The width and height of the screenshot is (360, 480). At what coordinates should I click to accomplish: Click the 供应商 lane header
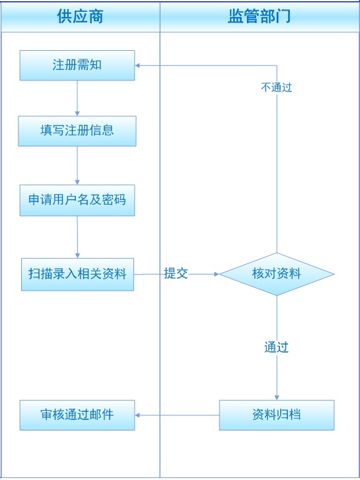[81, 17]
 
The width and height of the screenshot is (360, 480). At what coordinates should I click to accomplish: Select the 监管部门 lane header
[260, 17]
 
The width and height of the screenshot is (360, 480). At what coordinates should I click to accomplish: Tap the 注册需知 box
[77, 65]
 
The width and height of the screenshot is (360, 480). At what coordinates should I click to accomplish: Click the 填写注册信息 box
[77, 131]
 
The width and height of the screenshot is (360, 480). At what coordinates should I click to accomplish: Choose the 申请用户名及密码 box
[77, 200]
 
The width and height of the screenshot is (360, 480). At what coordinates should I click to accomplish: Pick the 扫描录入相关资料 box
[77, 274]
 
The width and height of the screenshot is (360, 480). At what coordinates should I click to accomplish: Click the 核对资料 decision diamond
[277, 274]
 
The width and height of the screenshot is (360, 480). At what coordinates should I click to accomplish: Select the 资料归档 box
[277, 415]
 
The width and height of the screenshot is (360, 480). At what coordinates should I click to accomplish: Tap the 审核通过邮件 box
[77, 415]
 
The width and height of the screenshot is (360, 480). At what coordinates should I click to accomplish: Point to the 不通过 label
[276, 88]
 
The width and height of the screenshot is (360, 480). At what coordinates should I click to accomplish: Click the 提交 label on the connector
[176, 273]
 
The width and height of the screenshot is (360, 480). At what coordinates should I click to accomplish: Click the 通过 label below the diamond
[276, 347]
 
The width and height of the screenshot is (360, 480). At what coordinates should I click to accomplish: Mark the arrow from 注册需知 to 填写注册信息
[77, 98]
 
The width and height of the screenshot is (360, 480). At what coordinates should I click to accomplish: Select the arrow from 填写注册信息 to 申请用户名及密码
[77, 165]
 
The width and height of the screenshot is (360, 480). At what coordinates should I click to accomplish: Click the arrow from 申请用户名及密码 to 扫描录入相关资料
[77, 237]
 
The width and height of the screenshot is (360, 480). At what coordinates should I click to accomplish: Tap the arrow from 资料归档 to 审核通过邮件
[177, 415]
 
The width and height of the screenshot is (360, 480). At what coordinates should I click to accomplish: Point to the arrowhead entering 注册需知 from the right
[137, 65]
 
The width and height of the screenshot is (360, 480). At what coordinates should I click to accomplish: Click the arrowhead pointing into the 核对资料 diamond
[217, 274]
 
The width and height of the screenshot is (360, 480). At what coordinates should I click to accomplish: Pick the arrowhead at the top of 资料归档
[277, 397]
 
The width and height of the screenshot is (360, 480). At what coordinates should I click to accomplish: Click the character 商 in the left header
[96, 17]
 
